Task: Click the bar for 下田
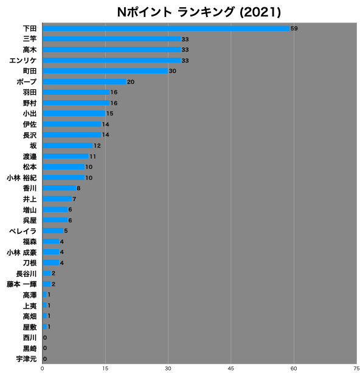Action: pos(166,29)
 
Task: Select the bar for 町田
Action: pos(105,71)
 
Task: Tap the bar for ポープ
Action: pos(85,81)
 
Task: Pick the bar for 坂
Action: pos(67,146)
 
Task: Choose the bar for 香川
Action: pos(59,188)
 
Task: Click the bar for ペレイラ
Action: pos(53,231)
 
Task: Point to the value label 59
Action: pos(294,29)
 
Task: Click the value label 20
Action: pos(131,82)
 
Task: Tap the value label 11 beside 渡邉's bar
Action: pos(92,157)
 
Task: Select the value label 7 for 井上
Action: pos(74,199)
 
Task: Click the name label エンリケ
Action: pos(23,60)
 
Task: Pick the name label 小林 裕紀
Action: pos(22,178)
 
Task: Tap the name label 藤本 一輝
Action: pos(22,284)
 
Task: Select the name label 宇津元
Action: pos(26,359)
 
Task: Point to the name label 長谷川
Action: pos(26,273)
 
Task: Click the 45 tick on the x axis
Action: pos(230,369)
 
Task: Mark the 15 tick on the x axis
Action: pos(105,369)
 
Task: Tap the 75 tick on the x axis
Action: pos(356,369)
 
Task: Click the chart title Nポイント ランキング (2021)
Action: pos(199,12)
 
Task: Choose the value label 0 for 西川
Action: pos(45,338)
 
